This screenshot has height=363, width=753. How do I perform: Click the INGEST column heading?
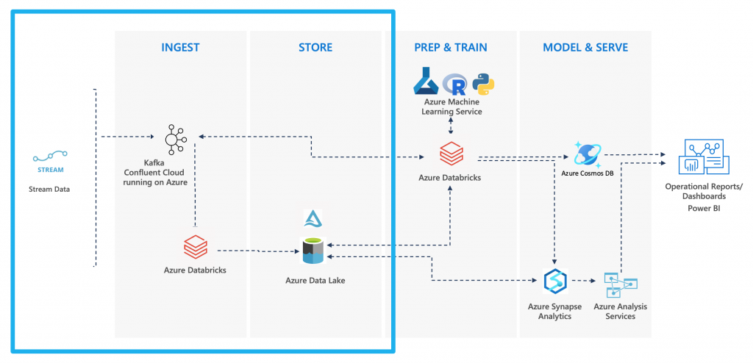(x=180, y=48)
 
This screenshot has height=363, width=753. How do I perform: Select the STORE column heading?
(x=315, y=48)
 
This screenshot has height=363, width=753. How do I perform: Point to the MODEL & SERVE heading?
(x=585, y=48)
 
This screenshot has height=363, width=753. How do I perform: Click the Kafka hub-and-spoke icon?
(x=175, y=137)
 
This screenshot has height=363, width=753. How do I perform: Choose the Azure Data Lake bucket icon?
(x=313, y=251)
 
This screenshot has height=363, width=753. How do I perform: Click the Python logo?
(x=483, y=84)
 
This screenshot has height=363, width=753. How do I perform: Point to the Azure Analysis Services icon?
(x=619, y=283)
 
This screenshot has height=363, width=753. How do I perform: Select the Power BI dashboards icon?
(x=704, y=157)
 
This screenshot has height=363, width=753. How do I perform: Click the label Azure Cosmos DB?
(x=588, y=173)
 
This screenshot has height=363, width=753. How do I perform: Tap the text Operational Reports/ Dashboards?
(x=704, y=191)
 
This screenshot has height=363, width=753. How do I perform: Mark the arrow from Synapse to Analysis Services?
(x=585, y=281)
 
